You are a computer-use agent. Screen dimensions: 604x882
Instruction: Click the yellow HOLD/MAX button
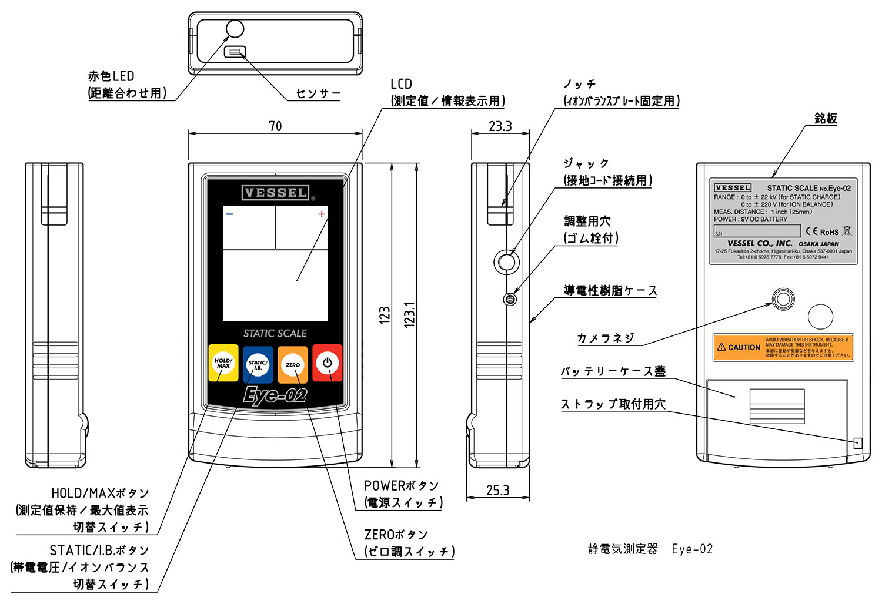point(223,363)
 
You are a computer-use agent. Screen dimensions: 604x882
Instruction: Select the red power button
point(328,363)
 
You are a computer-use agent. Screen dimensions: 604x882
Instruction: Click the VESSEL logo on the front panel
point(275,193)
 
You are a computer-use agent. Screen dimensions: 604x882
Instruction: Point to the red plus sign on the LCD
point(322,214)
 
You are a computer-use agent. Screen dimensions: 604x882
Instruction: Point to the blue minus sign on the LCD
point(229,214)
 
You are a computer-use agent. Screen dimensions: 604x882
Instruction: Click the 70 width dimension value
point(275,126)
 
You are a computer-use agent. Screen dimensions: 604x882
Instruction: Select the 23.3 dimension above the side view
point(500,126)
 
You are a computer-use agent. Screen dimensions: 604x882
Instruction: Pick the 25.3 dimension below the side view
point(498,490)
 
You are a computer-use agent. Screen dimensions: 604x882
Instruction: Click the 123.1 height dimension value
point(410,314)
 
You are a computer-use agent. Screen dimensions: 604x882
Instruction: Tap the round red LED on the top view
point(235,29)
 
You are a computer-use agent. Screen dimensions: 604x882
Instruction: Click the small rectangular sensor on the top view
point(235,52)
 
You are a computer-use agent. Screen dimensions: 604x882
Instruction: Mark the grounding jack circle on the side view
point(506,261)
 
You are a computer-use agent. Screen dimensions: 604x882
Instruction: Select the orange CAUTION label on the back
point(783,347)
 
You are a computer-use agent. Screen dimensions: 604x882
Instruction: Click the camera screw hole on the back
point(783,299)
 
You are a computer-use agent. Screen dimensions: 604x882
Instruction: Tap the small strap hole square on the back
point(858,443)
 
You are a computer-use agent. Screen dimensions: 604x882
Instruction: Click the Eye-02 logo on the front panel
point(275,395)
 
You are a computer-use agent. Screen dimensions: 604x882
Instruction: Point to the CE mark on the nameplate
point(812,231)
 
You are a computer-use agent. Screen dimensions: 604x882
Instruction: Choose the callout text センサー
point(318,93)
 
